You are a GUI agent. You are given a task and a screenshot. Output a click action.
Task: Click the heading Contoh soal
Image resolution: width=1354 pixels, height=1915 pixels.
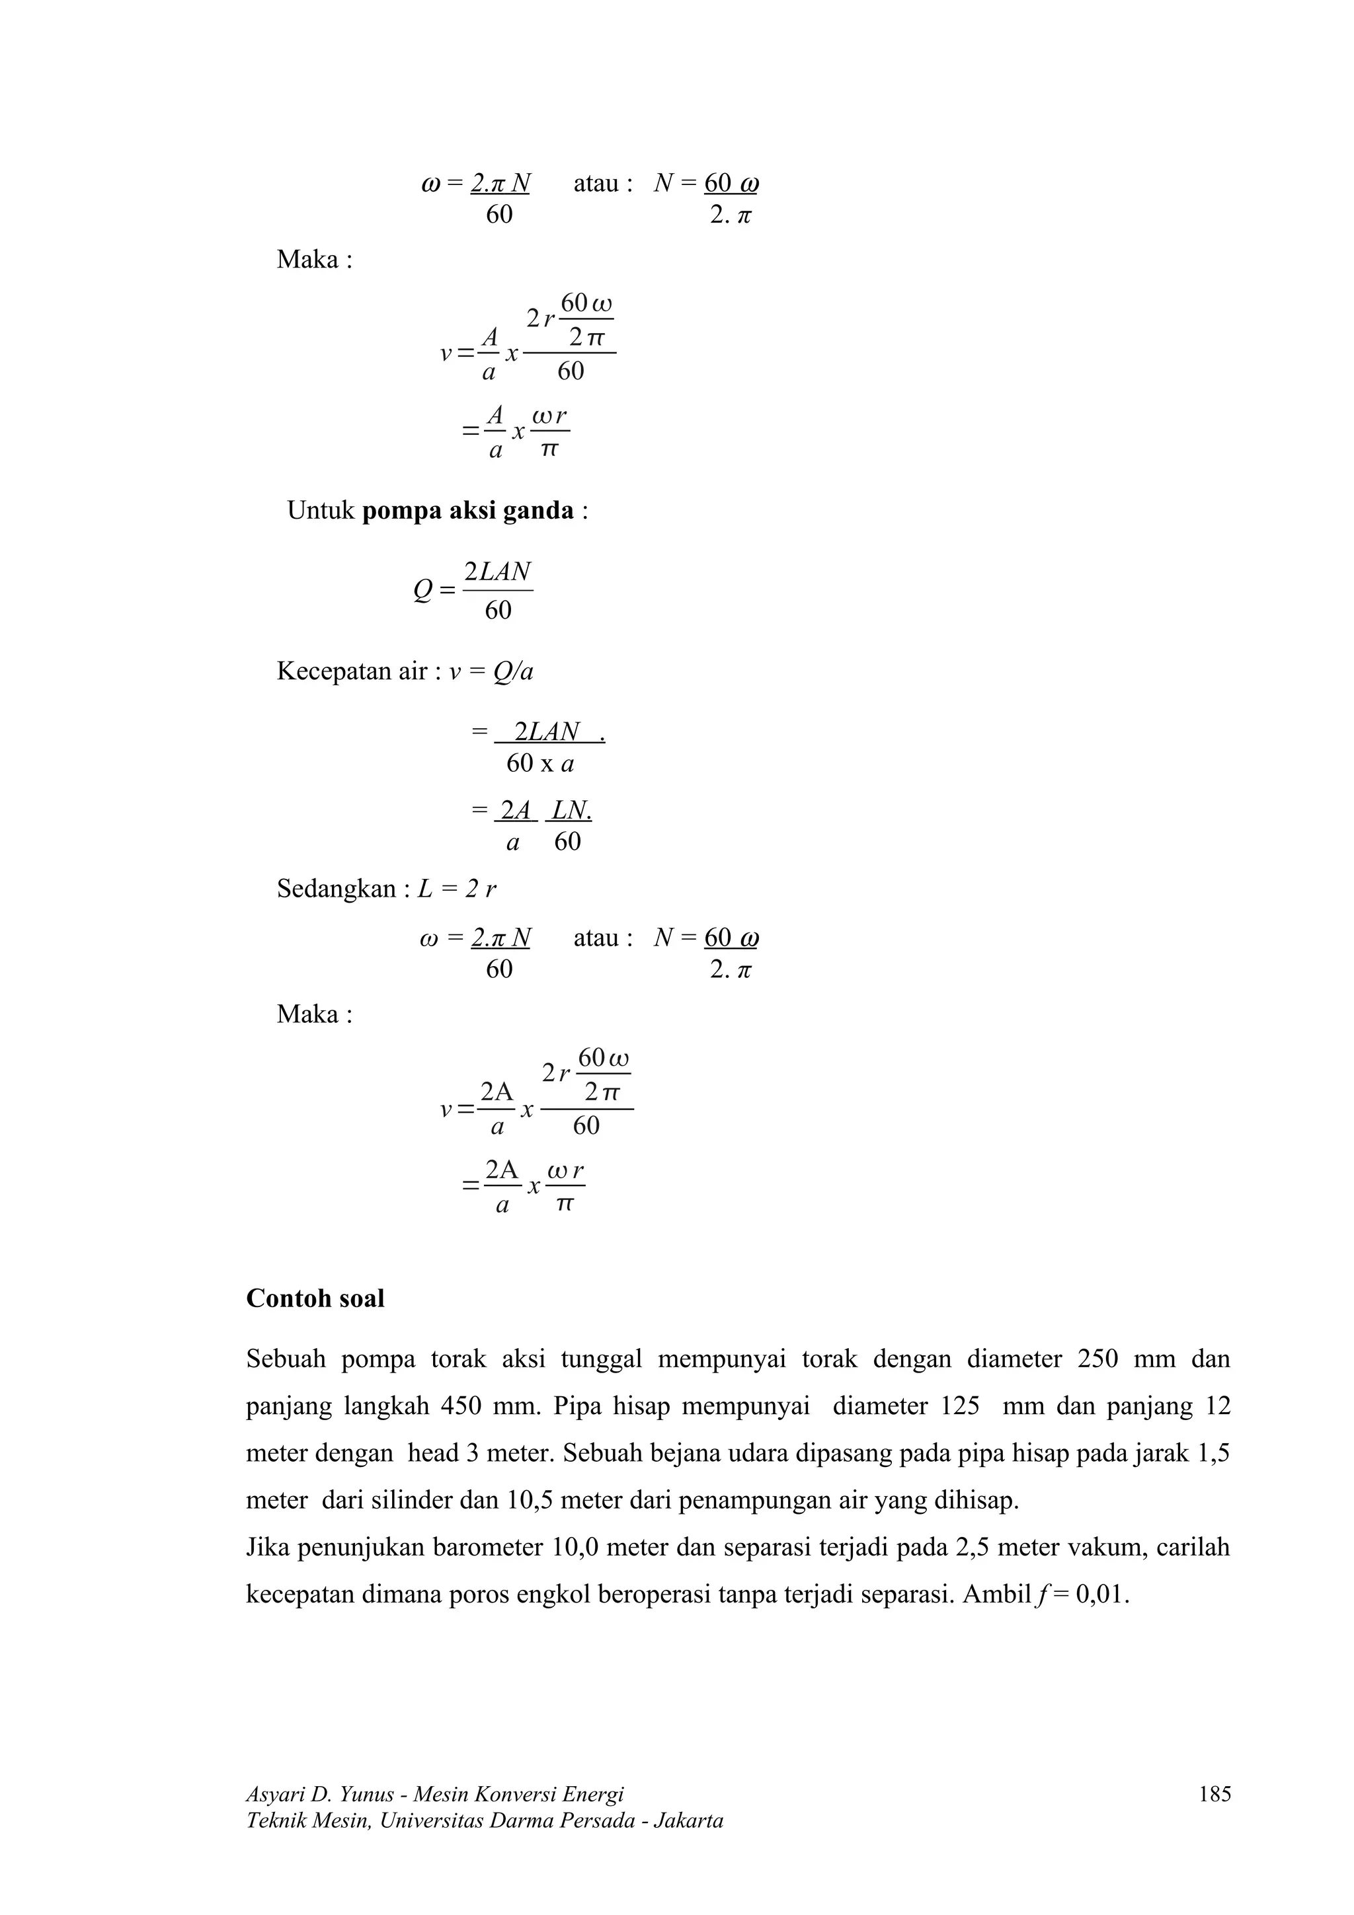point(315,1298)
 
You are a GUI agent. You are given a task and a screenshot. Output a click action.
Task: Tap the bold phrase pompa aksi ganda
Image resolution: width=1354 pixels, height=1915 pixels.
point(468,510)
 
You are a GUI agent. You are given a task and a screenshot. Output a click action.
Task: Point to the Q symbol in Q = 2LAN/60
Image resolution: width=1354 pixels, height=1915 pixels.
point(423,591)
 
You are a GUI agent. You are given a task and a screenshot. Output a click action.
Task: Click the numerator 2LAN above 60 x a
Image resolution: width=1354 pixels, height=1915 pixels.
point(547,732)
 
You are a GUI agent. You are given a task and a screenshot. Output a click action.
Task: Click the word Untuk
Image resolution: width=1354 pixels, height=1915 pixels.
point(321,510)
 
